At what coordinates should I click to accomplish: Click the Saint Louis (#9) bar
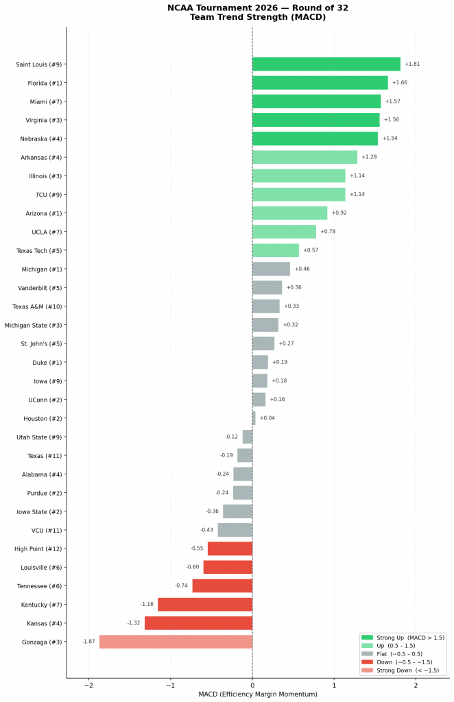pyautogui.click(x=326, y=64)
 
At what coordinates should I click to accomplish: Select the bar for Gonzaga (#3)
pyautogui.click(x=176, y=642)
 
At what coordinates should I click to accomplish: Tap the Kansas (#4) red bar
pyautogui.click(x=198, y=623)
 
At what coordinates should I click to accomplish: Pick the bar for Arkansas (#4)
pyautogui.click(x=304, y=157)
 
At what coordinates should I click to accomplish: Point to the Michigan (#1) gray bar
pyautogui.click(x=271, y=269)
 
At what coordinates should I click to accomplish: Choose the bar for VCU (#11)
pyautogui.click(x=235, y=530)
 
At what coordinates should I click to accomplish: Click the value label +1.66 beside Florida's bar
pyautogui.click(x=400, y=82)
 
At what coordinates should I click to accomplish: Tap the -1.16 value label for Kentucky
pyautogui.click(x=147, y=605)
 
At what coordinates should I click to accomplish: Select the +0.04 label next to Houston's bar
pyautogui.click(x=267, y=418)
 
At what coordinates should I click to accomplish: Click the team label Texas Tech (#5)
pyautogui.click(x=40, y=250)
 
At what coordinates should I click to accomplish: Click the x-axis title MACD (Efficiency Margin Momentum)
pyautogui.click(x=257, y=694)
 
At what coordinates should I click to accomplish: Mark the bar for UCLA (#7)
pyautogui.click(x=284, y=232)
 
